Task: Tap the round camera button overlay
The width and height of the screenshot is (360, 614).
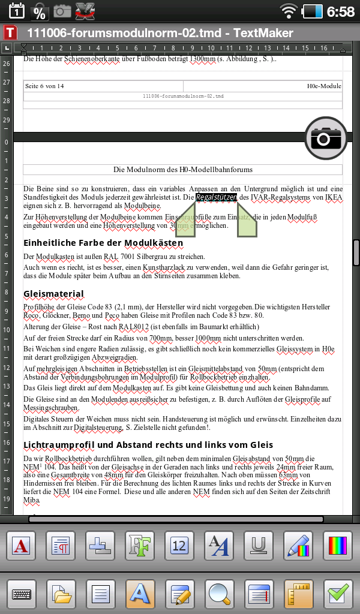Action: (x=324, y=139)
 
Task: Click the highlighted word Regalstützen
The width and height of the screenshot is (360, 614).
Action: (x=217, y=197)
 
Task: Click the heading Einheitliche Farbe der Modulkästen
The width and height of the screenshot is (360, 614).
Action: (x=103, y=243)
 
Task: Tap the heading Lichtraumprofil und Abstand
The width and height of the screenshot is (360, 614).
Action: (x=148, y=445)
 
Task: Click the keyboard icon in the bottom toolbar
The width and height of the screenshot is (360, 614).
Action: (x=22, y=594)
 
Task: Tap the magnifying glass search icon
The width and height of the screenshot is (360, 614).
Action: (x=220, y=594)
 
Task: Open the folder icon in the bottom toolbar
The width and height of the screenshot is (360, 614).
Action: (x=62, y=594)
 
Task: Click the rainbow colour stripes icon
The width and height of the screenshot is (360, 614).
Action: (x=338, y=546)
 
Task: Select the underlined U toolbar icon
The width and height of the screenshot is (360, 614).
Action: (x=259, y=546)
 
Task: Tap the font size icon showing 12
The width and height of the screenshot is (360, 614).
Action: (x=180, y=546)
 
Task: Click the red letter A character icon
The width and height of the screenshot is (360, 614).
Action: (x=22, y=546)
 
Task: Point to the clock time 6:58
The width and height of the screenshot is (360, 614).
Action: (x=341, y=11)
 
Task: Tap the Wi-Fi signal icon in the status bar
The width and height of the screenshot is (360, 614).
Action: (x=289, y=11)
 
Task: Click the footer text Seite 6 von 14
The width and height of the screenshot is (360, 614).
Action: (x=44, y=86)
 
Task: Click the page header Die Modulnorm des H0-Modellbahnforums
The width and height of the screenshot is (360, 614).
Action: (x=182, y=170)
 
